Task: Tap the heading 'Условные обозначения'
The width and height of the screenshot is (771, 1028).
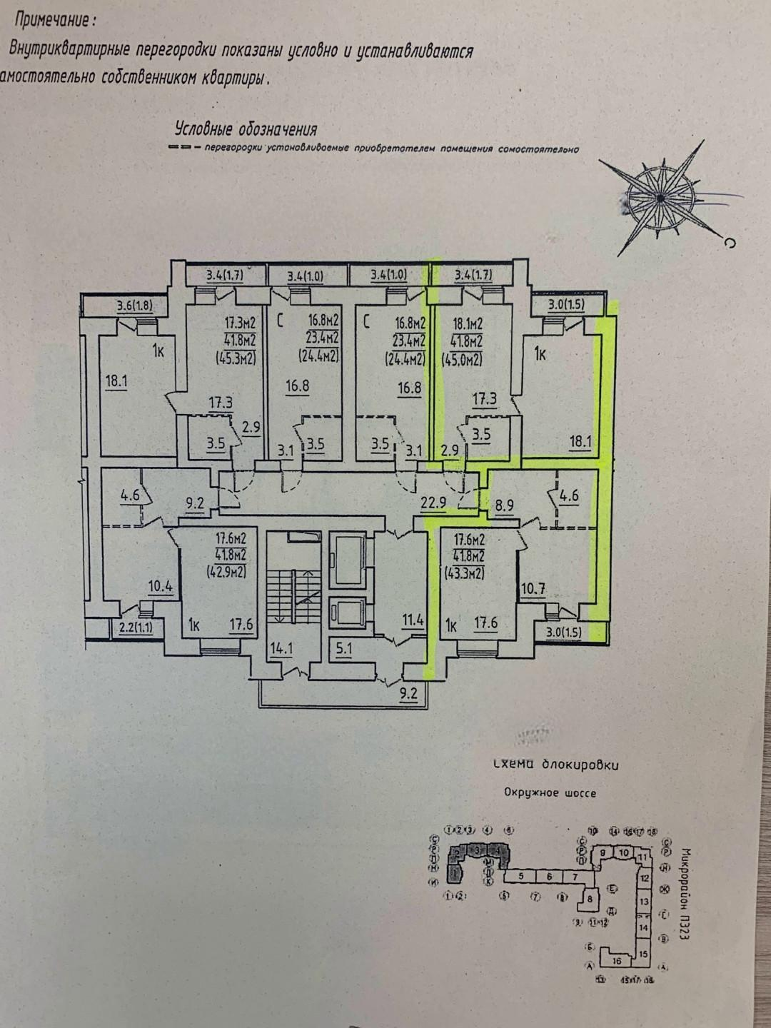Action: pos(246,129)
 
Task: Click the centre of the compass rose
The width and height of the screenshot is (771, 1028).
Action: pos(660,195)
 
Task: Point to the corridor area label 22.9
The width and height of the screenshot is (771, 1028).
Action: pos(433,503)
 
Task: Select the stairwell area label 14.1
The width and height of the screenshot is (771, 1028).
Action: pos(281,649)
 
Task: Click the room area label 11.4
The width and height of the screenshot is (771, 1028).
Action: pos(413,620)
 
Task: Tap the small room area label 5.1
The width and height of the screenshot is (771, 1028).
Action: pos(343,649)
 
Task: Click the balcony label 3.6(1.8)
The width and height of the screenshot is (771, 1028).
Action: pos(134,307)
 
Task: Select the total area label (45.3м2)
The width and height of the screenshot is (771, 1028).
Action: pos(236,359)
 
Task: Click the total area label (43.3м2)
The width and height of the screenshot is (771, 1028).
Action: pos(464,572)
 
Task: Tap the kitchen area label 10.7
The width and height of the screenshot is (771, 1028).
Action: pos(533,589)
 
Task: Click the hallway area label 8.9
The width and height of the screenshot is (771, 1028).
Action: pos(504,506)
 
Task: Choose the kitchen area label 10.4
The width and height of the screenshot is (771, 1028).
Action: pos(160,587)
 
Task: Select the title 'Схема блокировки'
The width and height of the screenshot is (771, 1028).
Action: pos(556,765)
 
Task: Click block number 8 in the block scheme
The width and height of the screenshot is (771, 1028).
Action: pos(590,899)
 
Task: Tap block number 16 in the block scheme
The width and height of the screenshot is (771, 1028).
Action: pos(617,960)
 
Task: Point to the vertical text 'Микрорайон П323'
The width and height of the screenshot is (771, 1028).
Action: pos(685,893)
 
